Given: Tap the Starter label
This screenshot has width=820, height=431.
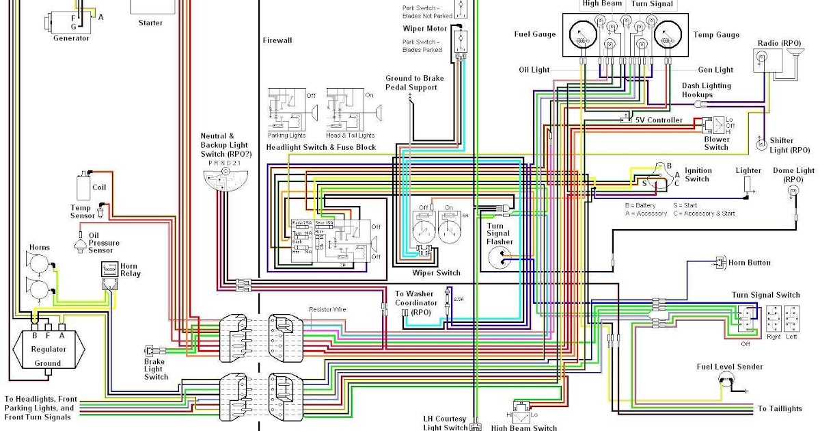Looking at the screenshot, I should click(x=150, y=23).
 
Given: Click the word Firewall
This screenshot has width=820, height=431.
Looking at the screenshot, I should click(x=277, y=40).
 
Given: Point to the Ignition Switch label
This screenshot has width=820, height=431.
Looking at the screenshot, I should click(x=698, y=175).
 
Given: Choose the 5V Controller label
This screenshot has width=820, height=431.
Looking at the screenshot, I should click(x=659, y=120).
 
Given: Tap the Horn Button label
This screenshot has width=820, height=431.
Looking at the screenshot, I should click(x=750, y=263).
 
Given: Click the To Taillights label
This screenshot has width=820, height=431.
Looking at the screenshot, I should click(x=780, y=408).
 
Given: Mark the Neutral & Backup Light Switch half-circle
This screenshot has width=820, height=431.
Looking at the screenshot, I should click(x=226, y=179).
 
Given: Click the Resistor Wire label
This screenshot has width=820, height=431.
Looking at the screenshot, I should click(x=327, y=310).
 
